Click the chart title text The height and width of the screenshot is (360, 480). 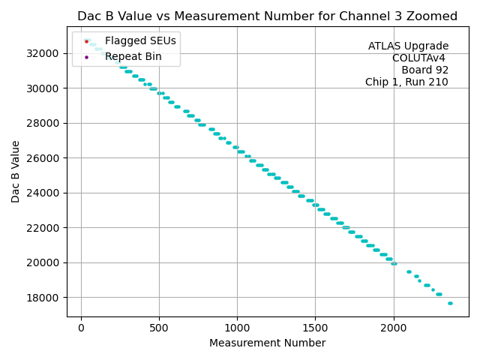point(267,16)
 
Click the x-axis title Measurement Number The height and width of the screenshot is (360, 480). point(267,343)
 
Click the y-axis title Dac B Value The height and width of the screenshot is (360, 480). point(16,172)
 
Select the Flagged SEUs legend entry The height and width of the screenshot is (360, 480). point(140,40)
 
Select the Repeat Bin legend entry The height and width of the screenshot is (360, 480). point(133,56)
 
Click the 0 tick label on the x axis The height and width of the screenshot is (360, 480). point(81,328)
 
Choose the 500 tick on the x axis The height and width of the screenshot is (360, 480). point(159,328)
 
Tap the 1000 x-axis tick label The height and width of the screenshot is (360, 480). point(237,328)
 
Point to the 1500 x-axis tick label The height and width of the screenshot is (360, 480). point(315,328)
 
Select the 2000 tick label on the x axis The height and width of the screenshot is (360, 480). point(394,328)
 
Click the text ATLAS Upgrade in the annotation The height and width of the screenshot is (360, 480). point(408,46)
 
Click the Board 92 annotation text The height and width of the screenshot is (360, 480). point(424,70)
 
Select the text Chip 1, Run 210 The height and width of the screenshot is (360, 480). point(406,82)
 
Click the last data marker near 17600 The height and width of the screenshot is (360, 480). point(450,303)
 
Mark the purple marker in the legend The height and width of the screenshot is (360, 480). point(86,57)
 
